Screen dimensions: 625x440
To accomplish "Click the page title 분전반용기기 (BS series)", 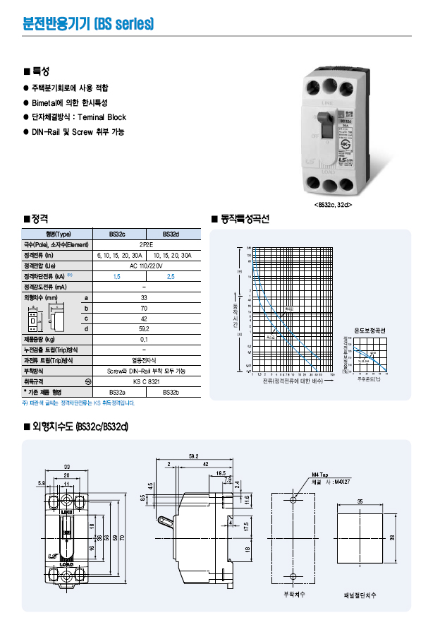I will tap(88, 25).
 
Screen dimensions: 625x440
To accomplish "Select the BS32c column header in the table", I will tap(117, 234).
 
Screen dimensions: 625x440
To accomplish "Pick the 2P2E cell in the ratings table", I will tap(144, 244).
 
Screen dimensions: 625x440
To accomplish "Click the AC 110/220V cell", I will tap(144, 266).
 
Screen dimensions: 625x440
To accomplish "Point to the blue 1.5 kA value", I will tap(117, 276).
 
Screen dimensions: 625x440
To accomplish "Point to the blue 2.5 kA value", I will tap(171, 276).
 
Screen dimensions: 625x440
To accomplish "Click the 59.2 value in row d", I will tap(144, 328).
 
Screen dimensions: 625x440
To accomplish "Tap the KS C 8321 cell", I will tap(144, 381).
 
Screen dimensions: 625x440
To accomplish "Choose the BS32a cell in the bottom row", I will tap(117, 392).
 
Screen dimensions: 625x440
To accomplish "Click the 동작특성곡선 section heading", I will tap(243, 219).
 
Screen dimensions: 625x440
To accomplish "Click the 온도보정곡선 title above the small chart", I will tap(369, 331).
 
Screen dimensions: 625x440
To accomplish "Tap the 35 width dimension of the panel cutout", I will tap(360, 501).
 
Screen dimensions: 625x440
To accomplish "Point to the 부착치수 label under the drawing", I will tap(294, 595).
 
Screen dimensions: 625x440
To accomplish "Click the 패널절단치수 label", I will tap(360, 595).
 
